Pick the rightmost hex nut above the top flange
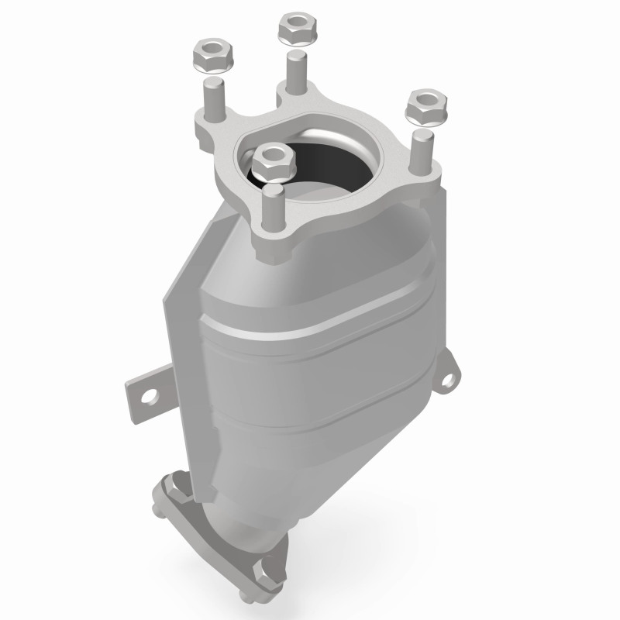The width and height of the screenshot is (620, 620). pos(425,107)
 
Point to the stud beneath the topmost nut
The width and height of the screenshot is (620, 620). pos(295,72)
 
